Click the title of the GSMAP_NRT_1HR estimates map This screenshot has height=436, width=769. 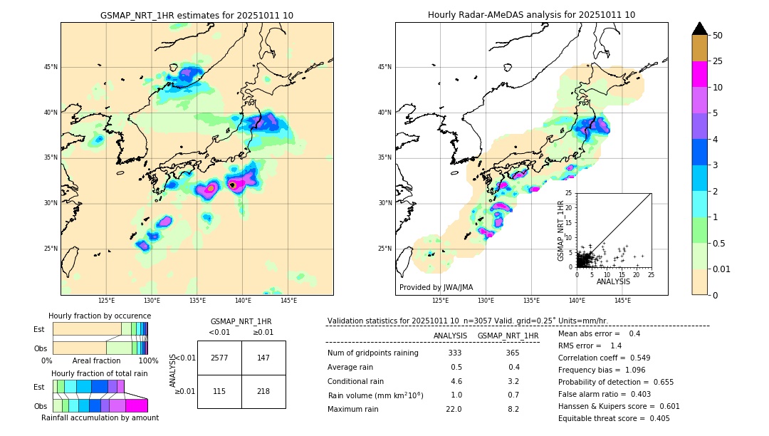[197, 15]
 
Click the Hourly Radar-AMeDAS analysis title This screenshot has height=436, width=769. [531, 15]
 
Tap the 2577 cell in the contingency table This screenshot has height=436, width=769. [219, 358]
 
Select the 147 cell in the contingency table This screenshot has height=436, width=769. [263, 358]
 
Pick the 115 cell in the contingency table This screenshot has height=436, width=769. [219, 392]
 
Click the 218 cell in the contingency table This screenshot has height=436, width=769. [263, 392]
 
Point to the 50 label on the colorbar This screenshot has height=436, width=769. [718, 36]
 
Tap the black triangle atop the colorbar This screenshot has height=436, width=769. [700, 28]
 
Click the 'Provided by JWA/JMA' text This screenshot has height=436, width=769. [436, 288]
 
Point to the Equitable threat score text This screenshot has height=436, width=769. [614, 418]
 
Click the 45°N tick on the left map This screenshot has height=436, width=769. [51, 67]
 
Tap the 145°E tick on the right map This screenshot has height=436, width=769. [622, 301]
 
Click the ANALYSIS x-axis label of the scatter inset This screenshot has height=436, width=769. [613, 281]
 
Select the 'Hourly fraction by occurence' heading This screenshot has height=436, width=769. [100, 316]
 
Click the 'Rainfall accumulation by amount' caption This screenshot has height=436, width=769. [100, 418]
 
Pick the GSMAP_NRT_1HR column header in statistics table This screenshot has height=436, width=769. [508, 336]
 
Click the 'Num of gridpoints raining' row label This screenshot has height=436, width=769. [372, 353]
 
